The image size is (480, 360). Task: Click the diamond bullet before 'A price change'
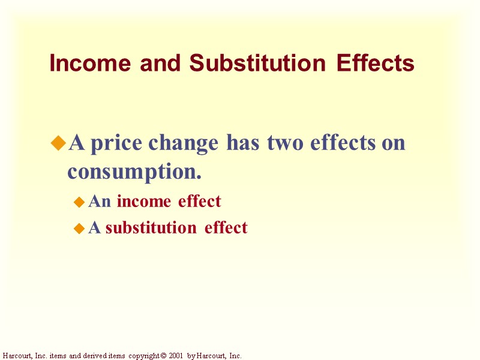click(x=58, y=143)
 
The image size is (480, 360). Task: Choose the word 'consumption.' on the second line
click(x=134, y=172)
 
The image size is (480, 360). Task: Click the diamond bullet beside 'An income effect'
click(x=79, y=203)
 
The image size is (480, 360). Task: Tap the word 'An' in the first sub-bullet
click(x=100, y=202)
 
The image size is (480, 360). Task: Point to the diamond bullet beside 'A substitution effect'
click(x=79, y=229)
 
